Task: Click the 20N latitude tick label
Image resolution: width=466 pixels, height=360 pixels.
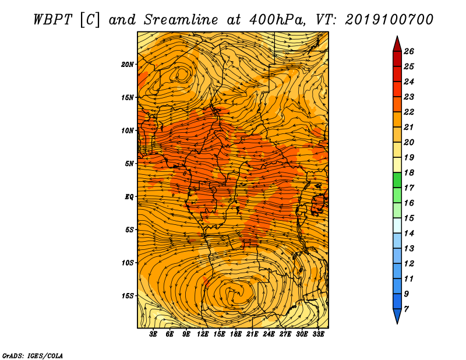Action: (x=128, y=65)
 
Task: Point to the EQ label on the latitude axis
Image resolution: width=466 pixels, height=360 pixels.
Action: (x=129, y=197)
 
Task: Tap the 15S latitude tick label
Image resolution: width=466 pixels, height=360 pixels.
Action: (x=128, y=296)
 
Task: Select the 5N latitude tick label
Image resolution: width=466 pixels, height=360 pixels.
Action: (x=129, y=164)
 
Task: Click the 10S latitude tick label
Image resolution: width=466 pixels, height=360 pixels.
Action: (x=128, y=263)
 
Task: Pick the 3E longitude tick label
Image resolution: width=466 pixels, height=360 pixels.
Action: (x=153, y=334)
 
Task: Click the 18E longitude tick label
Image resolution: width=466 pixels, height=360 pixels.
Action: (x=235, y=334)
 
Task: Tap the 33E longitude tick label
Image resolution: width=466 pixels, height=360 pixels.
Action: (x=318, y=334)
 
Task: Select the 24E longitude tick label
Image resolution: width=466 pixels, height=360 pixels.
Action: (x=269, y=334)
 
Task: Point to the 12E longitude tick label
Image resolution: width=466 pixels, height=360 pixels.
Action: (x=202, y=334)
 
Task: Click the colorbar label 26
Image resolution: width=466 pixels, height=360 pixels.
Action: (x=409, y=51)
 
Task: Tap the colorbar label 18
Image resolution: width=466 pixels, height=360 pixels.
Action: (x=409, y=172)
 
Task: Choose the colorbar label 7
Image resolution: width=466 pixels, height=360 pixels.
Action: (x=406, y=309)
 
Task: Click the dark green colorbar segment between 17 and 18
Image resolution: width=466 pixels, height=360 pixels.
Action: (x=397, y=180)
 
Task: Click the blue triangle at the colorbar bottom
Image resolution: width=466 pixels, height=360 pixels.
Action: (x=397, y=316)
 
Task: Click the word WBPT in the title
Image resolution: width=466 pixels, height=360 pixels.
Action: (x=52, y=20)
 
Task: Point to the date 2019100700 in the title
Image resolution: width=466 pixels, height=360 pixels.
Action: (x=389, y=20)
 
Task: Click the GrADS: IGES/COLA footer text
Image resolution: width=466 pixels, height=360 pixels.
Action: (x=33, y=355)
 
